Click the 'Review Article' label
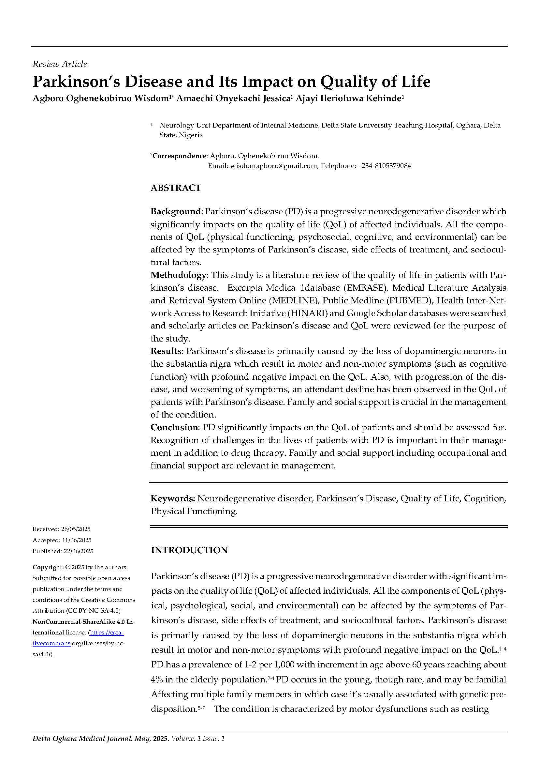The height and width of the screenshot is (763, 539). (x=60, y=64)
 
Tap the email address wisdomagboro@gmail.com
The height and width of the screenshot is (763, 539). (x=273, y=166)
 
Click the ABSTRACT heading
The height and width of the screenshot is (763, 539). (x=176, y=188)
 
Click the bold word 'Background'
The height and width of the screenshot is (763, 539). (x=176, y=212)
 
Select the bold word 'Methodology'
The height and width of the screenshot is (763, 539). (x=179, y=275)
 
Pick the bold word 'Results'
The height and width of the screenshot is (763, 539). (x=166, y=351)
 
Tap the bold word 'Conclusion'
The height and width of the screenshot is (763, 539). (x=174, y=427)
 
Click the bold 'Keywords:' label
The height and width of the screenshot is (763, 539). (x=173, y=498)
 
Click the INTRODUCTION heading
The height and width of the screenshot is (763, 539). (x=190, y=550)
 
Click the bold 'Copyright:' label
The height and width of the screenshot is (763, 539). (x=48, y=567)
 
